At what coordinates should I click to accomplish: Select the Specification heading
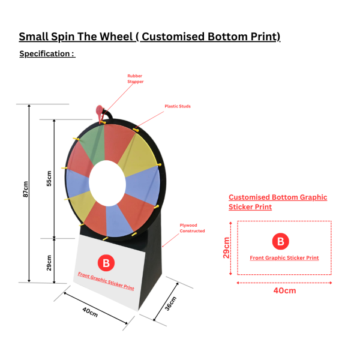[x=47, y=54]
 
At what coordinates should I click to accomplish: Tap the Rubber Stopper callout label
[x=135, y=78]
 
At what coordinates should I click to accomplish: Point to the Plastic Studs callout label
[x=178, y=107]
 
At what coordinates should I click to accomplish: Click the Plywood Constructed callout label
[x=192, y=228]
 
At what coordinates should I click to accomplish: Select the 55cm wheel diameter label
[x=49, y=178]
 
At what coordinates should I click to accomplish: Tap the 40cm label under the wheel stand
[x=90, y=314]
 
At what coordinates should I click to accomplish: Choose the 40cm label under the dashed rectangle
[x=284, y=290]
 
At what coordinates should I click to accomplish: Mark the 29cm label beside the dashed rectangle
[x=227, y=248]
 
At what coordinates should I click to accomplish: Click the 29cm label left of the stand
[x=49, y=262]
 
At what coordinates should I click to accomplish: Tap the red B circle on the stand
[x=106, y=262]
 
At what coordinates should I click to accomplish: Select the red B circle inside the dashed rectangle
[x=280, y=242]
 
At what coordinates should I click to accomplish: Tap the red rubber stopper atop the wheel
[x=100, y=110]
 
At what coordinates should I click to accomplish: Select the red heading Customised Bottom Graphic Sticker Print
[x=277, y=202]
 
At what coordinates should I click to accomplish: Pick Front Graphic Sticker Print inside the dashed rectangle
[x=284, y=258]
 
